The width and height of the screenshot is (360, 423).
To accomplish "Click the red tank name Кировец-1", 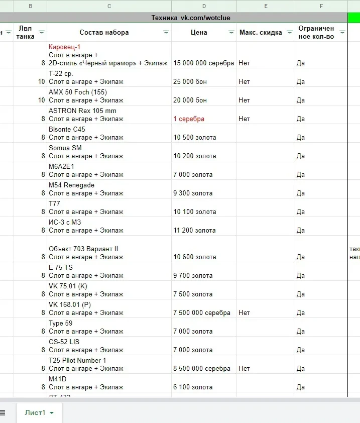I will click(65, 47).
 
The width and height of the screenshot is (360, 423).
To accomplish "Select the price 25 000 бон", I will click(190, 81).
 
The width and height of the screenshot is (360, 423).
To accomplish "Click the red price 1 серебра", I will click(189, 119).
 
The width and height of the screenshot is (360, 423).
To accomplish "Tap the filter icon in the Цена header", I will click(231, 32).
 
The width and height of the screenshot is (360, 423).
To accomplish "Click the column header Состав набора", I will click(104, 32).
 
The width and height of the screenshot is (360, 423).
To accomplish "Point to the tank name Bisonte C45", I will click(67, 129).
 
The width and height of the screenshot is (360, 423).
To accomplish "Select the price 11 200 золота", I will click(195, 231).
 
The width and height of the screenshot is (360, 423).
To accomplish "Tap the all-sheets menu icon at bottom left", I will click(3, 412).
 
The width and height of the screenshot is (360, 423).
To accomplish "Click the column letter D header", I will click(204, 6).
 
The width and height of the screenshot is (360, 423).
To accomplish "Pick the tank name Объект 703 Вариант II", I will click(83, 249).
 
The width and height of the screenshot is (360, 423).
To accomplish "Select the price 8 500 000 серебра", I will click(202, 368).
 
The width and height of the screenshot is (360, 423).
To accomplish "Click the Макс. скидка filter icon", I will click(289, 32).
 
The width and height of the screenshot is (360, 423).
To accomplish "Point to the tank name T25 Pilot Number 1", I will click(77, 360).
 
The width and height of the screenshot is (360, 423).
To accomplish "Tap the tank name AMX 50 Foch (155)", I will click(78, 92).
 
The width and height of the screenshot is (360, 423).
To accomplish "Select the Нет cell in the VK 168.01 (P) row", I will click(244, 312).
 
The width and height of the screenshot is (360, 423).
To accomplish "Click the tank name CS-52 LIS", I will click(64, 342).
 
